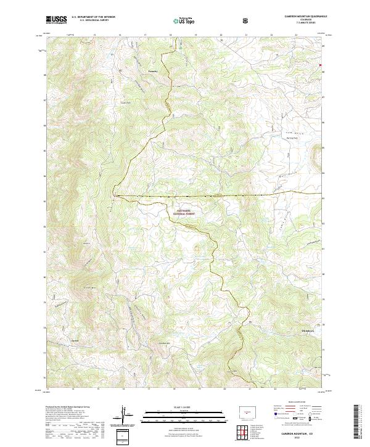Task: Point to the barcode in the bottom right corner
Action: pos(356,422)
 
